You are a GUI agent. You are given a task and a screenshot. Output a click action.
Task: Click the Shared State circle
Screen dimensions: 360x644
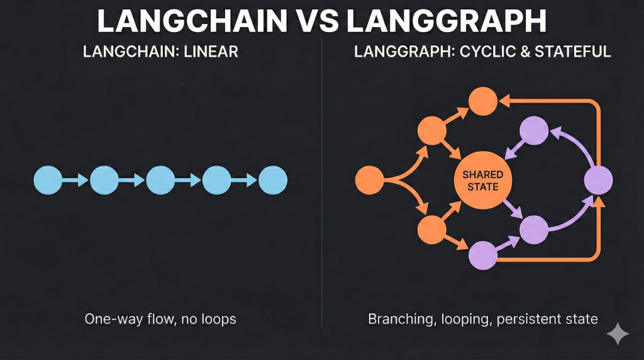(x=483, y=181)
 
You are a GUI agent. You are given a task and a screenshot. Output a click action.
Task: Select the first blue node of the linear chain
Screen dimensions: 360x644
(x=48, y=181)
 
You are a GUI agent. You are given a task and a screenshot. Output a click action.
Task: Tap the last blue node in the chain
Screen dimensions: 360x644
(x=273, y=181)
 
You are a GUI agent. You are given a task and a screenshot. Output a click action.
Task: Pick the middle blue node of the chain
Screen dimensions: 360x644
(x=160, y=181)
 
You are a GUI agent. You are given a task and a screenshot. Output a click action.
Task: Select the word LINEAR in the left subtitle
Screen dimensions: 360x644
(x=211, y=52)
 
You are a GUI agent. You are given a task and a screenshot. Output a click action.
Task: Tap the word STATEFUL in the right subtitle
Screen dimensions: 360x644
(x=572, y=52)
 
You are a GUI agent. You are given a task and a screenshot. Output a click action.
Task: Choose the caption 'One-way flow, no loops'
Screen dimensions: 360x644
(x=160, y=319)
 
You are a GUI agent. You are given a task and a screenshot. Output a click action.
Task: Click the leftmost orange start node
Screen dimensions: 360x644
(x=370, y=181)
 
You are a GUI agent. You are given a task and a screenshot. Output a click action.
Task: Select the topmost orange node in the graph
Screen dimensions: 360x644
(x=484, y=102)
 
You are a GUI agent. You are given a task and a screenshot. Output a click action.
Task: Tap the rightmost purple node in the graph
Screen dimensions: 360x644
(x=598, y=181)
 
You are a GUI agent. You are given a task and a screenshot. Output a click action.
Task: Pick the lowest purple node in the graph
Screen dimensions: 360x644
(x=483, y=256)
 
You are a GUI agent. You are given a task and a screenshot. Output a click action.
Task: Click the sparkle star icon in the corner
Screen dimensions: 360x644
(x=618, y=334)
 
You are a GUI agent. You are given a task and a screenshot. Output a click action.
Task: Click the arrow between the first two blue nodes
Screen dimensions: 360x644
(x=75, y=181)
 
